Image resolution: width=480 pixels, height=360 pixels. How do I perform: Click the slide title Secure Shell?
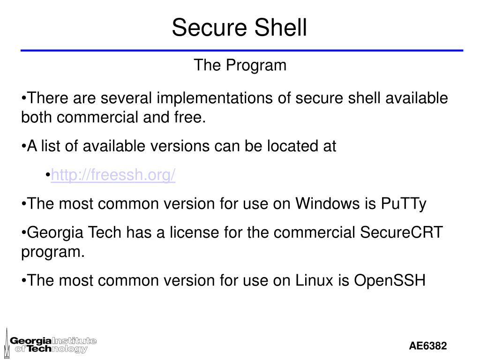(x=239, y=27)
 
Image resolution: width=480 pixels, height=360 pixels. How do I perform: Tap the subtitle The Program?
(x=240, y=66)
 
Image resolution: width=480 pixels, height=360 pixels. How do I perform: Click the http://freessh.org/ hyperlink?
(x=113, y=175)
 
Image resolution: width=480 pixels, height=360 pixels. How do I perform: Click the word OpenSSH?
(x=390, y=281)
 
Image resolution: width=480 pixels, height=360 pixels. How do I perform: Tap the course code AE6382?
(x=428, y=346)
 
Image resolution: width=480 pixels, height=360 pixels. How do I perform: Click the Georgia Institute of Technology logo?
(x=53, y=345)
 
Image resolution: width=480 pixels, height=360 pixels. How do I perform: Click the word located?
(x=290, y=147)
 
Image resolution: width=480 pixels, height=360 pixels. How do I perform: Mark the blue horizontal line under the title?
(x=242, y=50)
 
